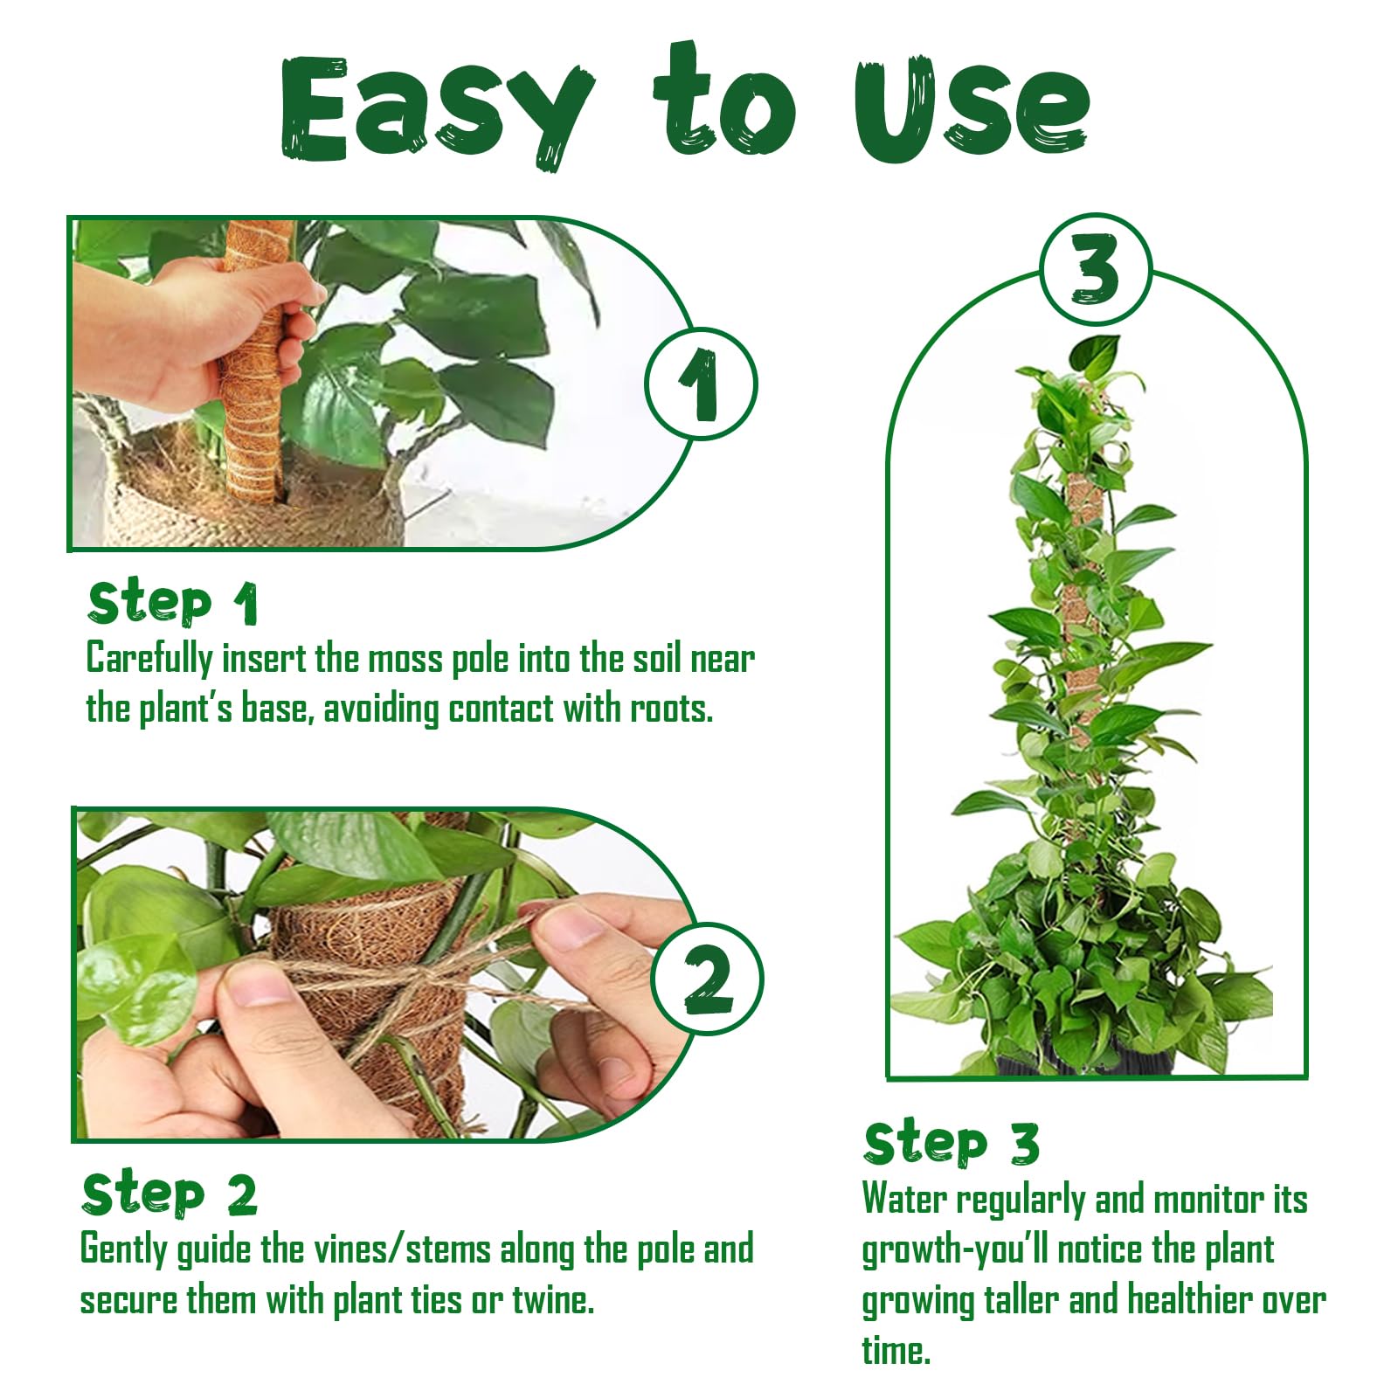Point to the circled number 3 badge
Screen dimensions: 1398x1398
pos(1096,269)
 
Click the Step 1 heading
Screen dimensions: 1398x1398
pos(173,603)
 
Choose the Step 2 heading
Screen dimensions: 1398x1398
pos(170,1194)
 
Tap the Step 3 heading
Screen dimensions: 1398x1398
pos(952,1144)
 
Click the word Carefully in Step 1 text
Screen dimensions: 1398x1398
pos(149,659)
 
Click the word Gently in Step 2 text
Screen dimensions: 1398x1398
pos(124,1249)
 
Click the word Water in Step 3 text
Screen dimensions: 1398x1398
pos(904,1199)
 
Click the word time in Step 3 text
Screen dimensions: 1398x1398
pos(896,1351)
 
